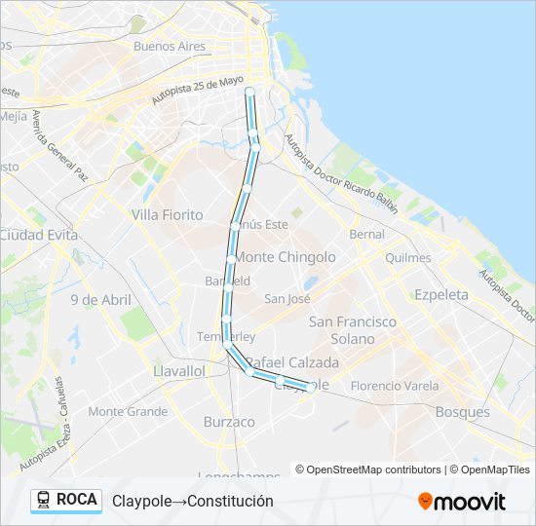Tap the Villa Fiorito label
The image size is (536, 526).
[167, 214]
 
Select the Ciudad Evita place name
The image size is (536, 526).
[33, 235]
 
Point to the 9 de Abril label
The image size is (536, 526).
[100, 300]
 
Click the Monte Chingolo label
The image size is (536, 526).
[286, 257]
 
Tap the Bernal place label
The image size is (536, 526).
[366, 235]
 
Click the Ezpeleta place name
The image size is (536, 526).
[440, 294]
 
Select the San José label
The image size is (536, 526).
[287, 299]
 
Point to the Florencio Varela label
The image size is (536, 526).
[395, 385]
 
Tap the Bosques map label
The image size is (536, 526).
[462, 412]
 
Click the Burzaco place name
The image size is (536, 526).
[229, 422]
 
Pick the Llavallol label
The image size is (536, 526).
[178, 371]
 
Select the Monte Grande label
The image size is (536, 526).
[128, 412]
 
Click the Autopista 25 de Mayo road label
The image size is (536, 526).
[197, 92]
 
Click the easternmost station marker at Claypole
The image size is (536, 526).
[310, 387]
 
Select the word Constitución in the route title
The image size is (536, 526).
[229, 501]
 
